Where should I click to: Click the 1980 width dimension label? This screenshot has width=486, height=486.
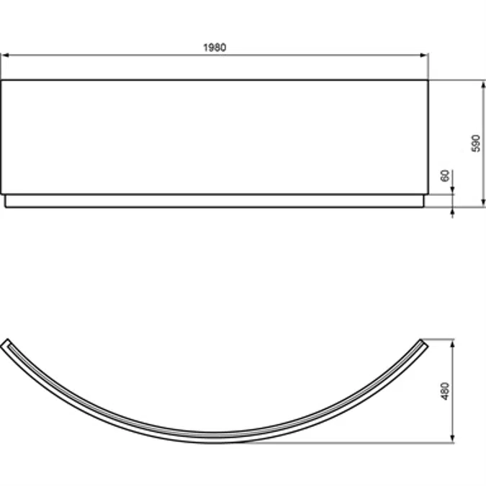[215, 48]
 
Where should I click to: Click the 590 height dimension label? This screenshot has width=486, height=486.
[476, 143]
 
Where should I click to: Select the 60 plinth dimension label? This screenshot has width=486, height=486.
[445, 176]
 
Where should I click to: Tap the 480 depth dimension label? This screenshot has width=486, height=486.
[445, 391]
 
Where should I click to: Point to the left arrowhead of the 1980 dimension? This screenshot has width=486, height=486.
[5, 55]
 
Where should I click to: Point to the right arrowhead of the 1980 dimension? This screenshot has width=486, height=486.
[424, 55]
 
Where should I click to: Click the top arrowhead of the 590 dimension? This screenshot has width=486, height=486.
[483, 84]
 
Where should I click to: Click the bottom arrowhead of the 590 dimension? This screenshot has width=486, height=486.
[483, 203]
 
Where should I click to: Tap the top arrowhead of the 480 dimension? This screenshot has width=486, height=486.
[453, 343]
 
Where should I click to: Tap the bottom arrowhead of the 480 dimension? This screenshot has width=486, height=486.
[453, 438]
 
